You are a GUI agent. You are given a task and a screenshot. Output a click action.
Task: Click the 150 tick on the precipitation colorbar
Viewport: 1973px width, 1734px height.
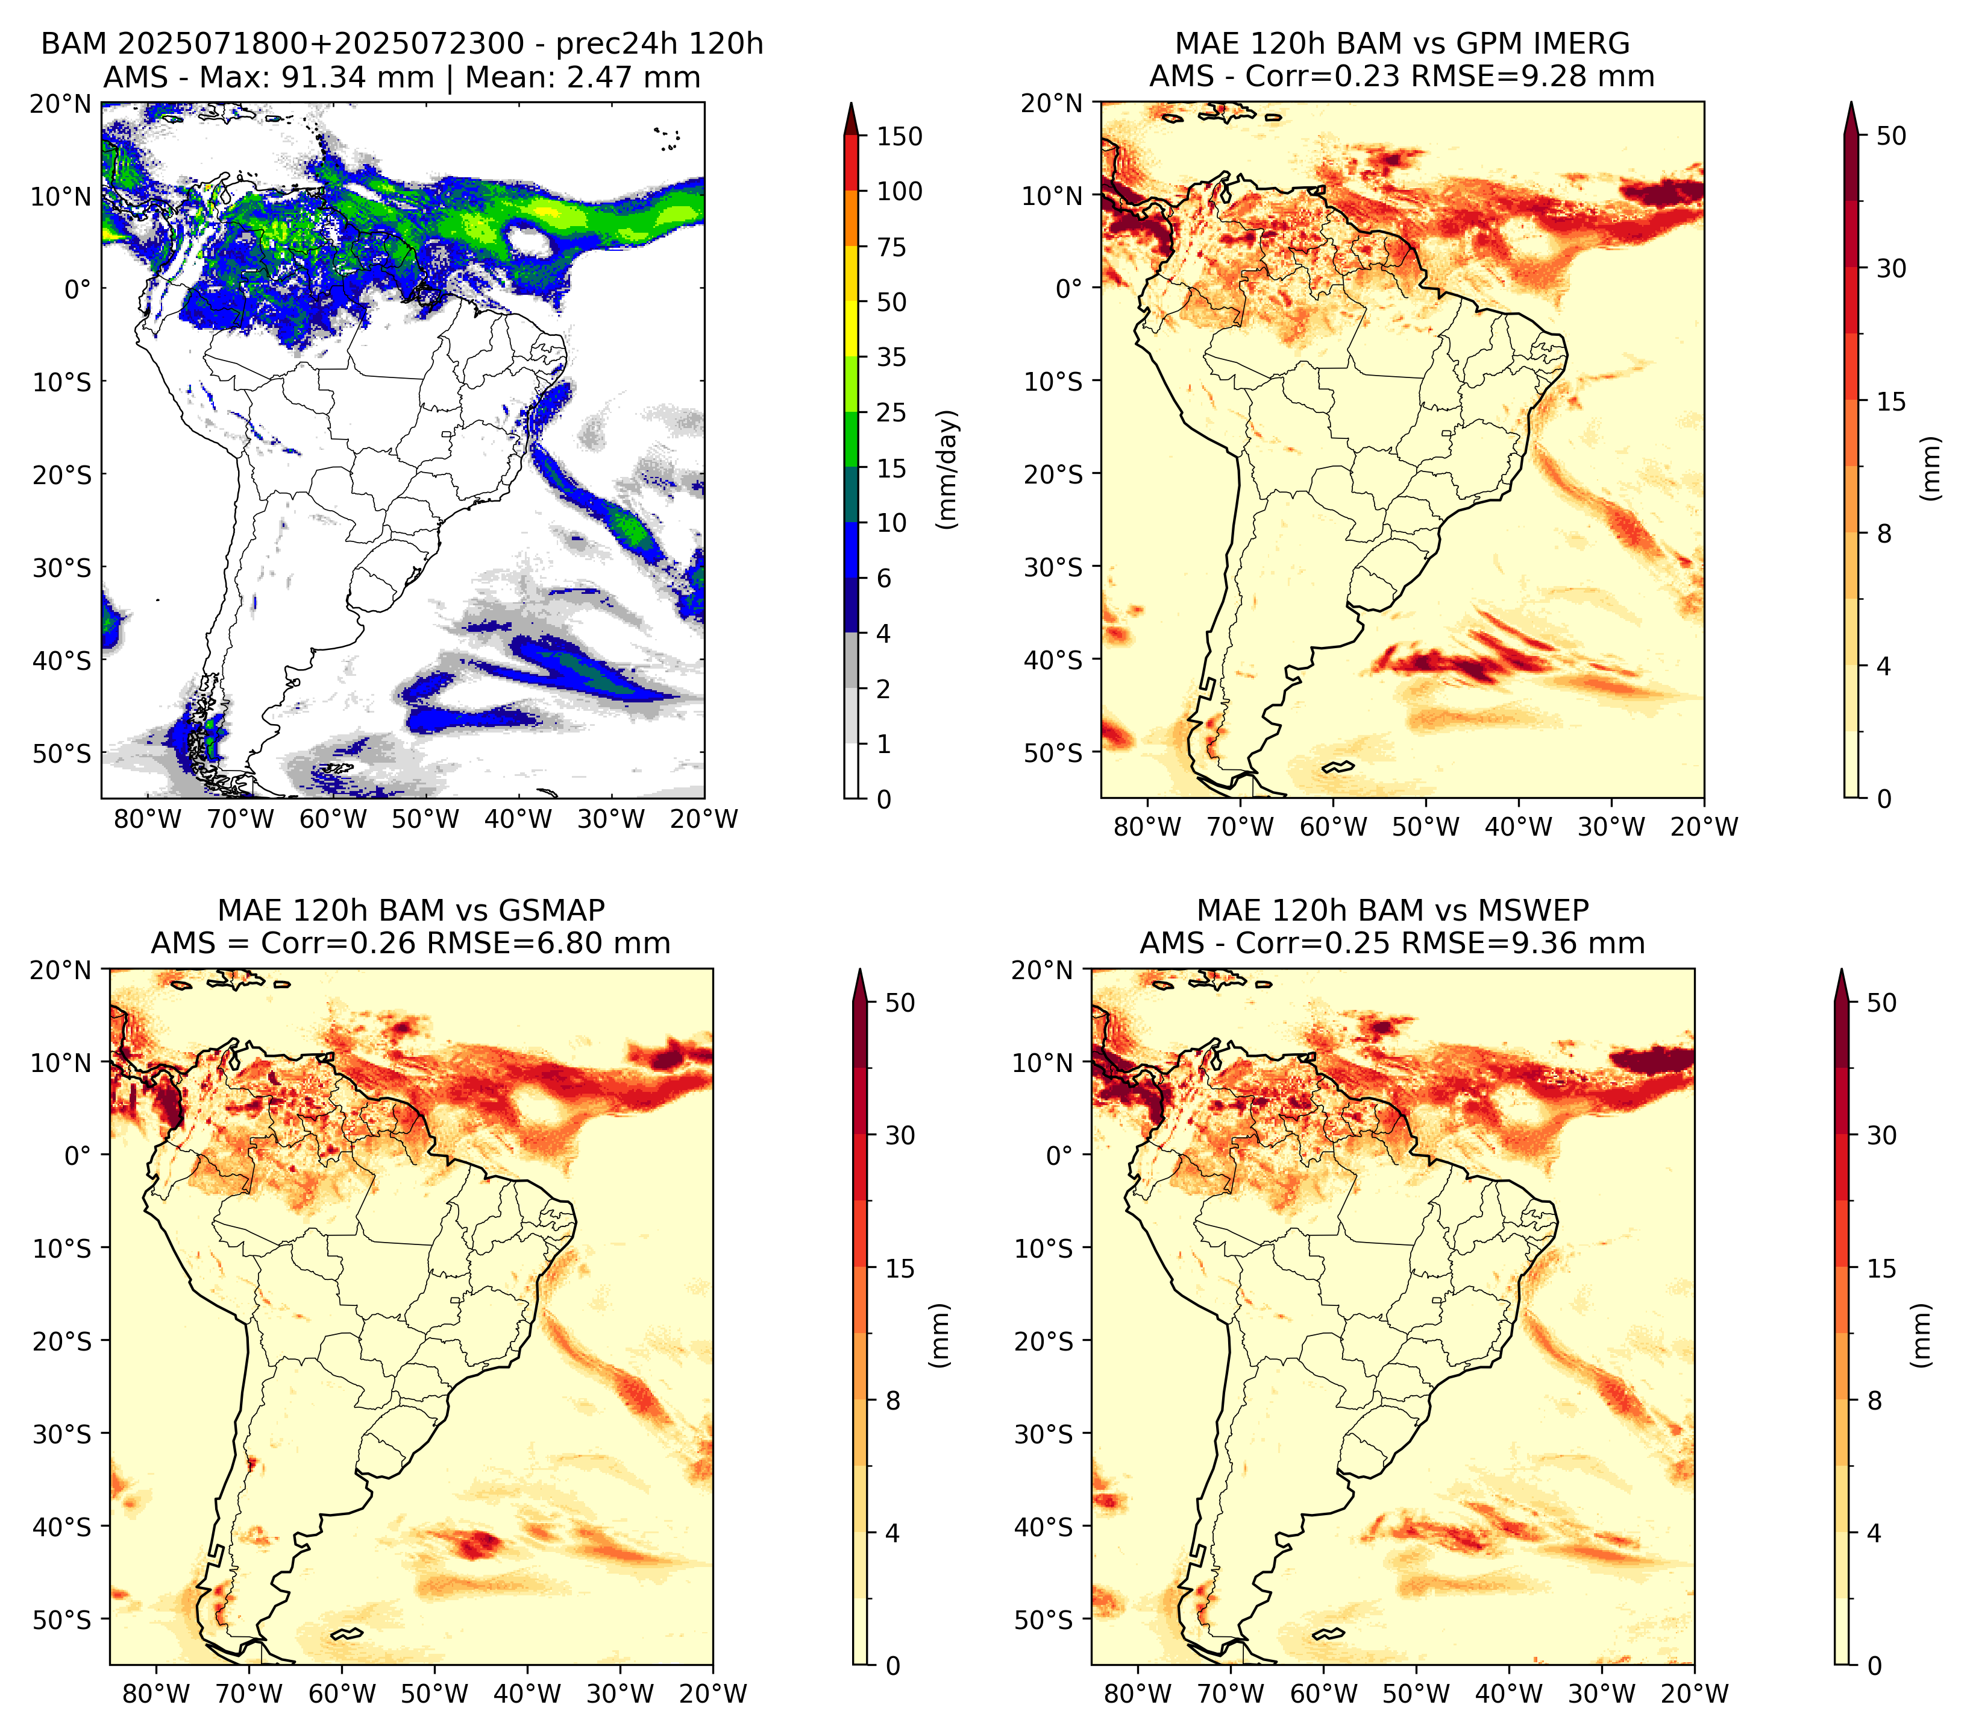coord(899,136)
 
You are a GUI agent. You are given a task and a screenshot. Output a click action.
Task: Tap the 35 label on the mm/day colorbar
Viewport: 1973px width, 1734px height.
coord(891,357)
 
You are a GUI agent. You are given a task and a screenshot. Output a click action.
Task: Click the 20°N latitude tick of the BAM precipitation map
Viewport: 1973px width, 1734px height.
coord(60,104)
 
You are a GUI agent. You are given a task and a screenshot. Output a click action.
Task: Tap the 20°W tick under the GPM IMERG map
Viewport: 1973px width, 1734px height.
coord(1704,827)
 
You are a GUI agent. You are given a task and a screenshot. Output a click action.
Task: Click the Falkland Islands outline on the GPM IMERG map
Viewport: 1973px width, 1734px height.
coord(1338,766)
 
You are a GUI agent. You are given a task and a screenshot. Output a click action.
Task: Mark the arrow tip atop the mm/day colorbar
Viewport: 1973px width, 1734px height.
coord(850,102)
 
